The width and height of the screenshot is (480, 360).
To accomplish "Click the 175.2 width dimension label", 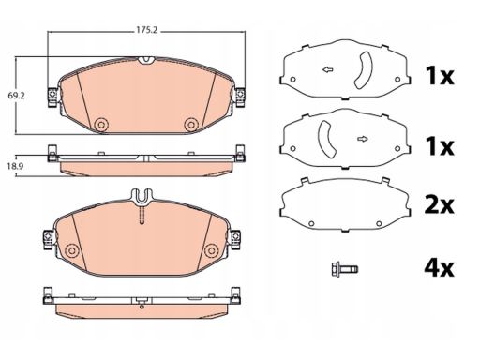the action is pos(146,30).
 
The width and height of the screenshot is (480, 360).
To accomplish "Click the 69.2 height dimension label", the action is pos(16,96).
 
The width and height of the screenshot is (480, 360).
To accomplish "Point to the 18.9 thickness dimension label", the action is pos(15,166).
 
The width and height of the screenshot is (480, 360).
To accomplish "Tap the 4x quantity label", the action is pos(439,268).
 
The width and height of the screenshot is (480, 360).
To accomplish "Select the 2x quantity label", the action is pos(439,205).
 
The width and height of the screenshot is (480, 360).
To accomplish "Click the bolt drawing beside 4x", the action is pos(345,269).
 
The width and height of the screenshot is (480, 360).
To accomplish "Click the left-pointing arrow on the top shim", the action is pos(328,69).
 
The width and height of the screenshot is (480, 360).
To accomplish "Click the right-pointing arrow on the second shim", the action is pos(363,139).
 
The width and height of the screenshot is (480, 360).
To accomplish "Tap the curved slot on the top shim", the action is pos(365,69).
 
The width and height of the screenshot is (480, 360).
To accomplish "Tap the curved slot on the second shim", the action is pos(325,139).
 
